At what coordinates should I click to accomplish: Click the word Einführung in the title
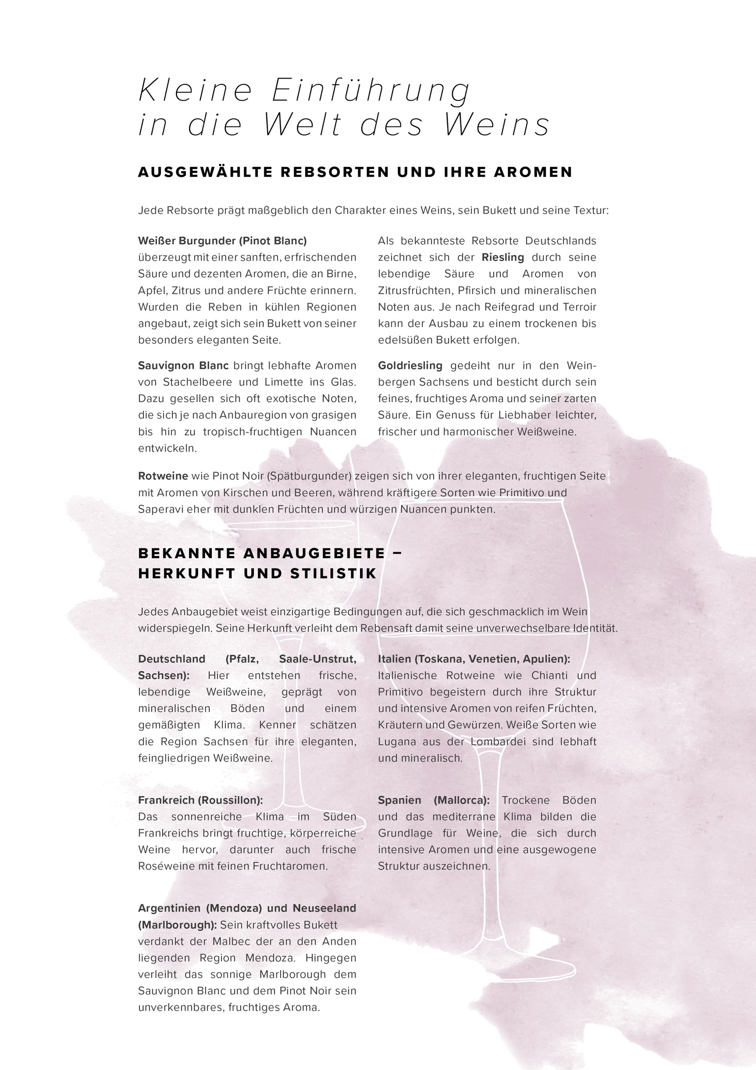(371, 91)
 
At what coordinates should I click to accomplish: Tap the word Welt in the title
(302, 125)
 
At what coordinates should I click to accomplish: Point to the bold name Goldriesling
(410, 366)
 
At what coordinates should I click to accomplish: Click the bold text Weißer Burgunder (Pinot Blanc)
(222, 241)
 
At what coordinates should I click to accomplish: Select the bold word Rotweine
(163, 476)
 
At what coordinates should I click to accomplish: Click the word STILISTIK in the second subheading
(333, 573)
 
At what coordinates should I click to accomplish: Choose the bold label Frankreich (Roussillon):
(200, 800)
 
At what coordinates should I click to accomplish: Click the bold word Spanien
(399, 800)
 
